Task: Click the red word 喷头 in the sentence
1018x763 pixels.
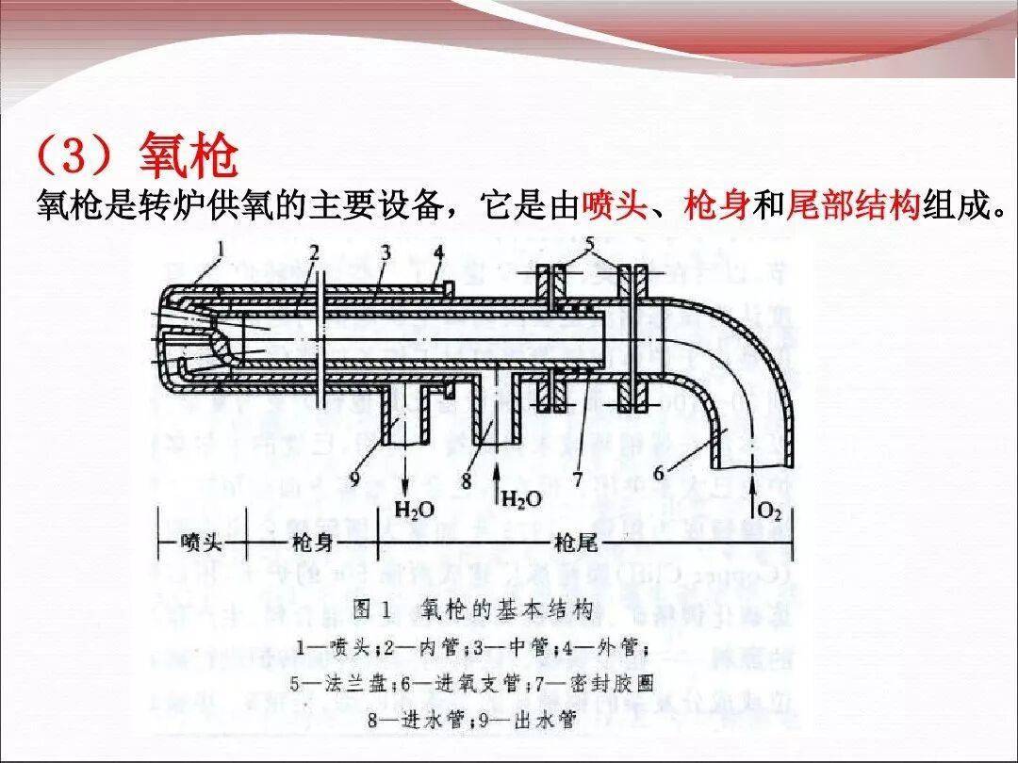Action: [x=615, y=205]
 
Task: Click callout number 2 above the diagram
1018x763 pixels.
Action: [x=314, y=252]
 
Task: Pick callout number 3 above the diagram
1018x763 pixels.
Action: [x=385, y=252]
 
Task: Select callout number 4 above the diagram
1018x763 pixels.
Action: [x=438, y=252]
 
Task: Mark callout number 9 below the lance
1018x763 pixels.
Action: [x=355, y=479]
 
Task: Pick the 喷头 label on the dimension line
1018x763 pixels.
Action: [x=201, y=544]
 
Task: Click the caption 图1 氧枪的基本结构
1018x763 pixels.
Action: [x=471, y=609]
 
